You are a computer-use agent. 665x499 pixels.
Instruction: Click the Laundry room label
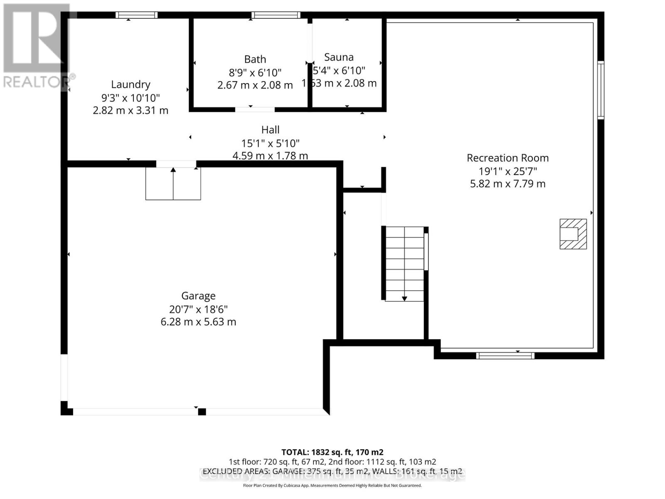(131, 84)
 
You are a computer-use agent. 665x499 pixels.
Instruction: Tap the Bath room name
(255, 59)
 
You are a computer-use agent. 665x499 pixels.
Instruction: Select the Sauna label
(339, 57)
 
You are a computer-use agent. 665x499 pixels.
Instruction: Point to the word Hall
(270, 130)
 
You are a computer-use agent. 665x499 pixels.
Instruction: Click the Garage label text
(198, 296)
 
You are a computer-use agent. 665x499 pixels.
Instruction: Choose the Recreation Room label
(507, 158)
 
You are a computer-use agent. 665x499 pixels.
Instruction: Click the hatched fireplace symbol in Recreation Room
(573, 234)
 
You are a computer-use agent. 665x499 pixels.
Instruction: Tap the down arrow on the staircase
(404, 298)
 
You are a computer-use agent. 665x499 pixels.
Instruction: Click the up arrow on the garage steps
(173, 170)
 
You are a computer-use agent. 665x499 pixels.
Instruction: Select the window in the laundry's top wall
(136, 15)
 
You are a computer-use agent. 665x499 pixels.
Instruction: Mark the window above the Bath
(276, 15)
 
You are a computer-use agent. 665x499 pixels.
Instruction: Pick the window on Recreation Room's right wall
(601, 90)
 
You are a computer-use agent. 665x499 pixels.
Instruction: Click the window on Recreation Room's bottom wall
(505, 356)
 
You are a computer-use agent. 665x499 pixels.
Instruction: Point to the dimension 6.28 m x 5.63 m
(198, 322)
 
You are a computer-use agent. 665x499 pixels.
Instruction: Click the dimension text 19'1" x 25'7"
(507, 171)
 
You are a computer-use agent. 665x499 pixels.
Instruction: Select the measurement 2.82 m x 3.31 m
(131, 111)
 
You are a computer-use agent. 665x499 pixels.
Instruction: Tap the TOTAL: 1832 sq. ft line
(332, 452)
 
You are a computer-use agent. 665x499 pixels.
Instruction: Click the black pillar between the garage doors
(202, 412)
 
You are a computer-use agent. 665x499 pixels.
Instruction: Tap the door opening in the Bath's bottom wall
(255, 110)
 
